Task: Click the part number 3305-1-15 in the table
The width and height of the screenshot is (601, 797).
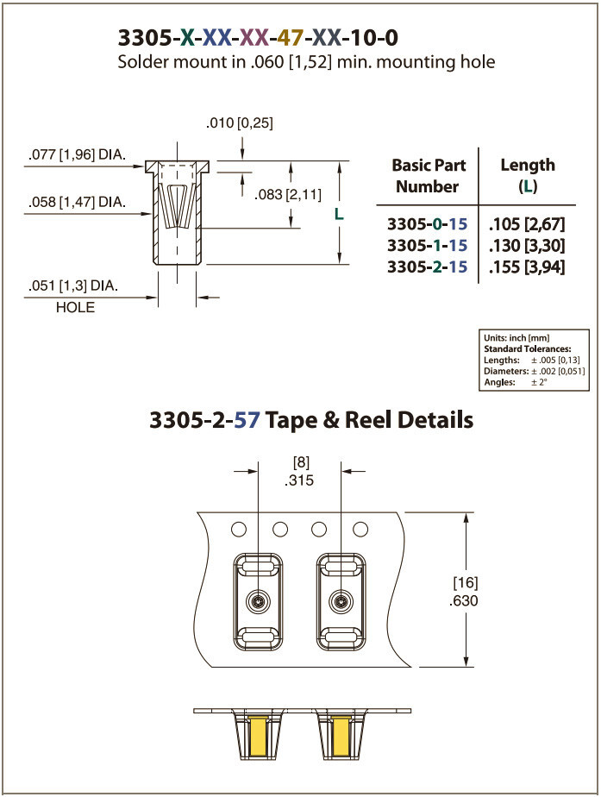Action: click(428, 246)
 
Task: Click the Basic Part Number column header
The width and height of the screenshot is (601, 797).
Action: click(429, 175)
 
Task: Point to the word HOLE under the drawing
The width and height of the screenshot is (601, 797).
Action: click(75, 307)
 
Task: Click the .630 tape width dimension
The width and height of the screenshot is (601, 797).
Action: click(464, 600)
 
